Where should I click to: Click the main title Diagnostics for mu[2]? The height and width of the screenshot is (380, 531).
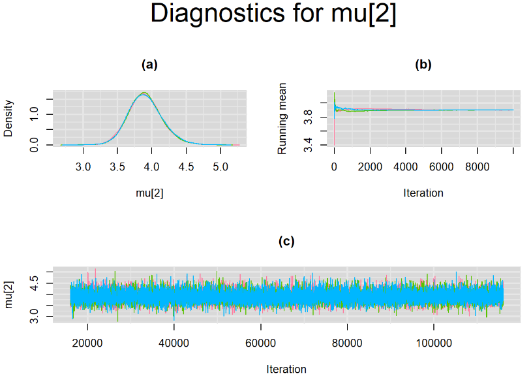273,14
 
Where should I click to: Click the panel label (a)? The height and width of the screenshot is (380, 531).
149,65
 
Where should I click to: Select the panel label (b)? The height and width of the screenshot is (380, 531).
423,65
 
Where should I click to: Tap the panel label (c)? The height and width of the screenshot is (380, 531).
286,241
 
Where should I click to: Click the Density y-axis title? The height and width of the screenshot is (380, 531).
8,118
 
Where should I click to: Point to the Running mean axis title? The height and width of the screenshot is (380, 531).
282,118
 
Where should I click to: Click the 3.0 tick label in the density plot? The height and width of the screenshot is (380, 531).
83,166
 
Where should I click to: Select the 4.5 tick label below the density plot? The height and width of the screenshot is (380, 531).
186,166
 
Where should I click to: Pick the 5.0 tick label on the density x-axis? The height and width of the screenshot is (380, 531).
220,166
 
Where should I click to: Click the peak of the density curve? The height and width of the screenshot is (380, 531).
144,93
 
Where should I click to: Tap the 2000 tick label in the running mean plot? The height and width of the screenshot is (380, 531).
370,166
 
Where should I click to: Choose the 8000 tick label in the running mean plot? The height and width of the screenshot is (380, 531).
477,166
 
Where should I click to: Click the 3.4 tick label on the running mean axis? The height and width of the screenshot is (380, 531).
308,145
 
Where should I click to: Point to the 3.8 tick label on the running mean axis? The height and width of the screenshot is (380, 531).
308,117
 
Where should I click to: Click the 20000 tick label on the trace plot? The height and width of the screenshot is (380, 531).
87,343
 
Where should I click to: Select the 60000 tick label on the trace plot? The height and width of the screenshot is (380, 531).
260,343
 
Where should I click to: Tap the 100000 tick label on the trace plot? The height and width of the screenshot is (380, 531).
434,343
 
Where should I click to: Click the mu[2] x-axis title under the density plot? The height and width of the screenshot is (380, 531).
149,193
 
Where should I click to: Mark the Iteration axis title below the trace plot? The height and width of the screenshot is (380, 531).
286,369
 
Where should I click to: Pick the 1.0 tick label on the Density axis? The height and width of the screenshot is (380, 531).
34,114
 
